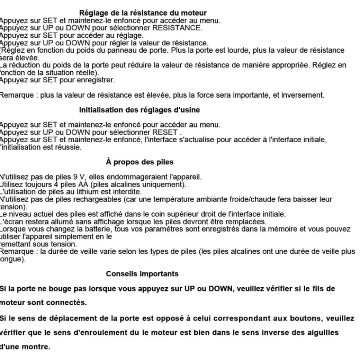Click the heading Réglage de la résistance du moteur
click(143, 13)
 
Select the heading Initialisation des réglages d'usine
click(139, 110)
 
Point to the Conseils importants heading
click(142, 274)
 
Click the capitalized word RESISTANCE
click(177, 28)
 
